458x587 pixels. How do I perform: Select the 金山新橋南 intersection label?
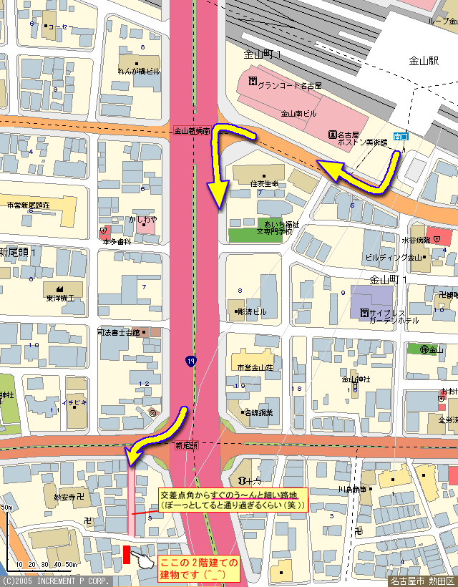[x=193, y=131]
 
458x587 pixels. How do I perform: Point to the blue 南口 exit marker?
[x=401, y=135]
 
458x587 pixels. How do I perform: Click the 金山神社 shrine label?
[x=355, y=379]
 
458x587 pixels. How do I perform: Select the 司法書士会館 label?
[x=120, y=333]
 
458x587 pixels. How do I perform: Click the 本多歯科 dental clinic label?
[x=117, y=241]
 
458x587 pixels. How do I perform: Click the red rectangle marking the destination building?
[x=126, y=554]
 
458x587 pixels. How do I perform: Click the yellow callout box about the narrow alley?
[x=233, y=500]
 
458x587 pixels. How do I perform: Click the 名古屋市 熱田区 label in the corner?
[x=422, y=581]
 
